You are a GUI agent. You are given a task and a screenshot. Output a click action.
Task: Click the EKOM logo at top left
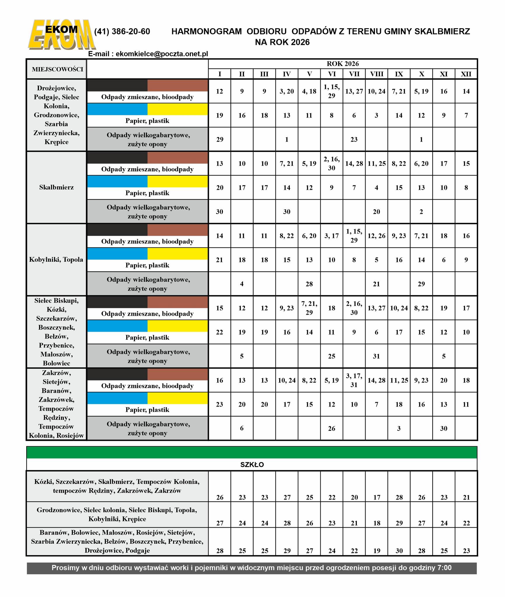pyautogui.click(x=62, y=34)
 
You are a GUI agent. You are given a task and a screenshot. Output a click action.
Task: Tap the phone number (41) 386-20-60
pyautogui.click(x=122, y=31)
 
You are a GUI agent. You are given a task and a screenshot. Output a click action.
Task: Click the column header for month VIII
pyautogui.click(x=376, y=74)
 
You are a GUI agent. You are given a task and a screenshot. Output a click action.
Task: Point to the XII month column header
pyautogui.click(x=466, y=74)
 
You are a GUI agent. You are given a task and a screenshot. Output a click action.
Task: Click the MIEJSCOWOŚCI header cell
pyautogui.click(x=57, y=69)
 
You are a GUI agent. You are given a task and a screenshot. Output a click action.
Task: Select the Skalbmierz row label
pyautogui.click(x=57, y=187)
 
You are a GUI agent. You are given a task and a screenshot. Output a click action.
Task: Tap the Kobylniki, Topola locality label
pyautogui.click(x=56, y=259)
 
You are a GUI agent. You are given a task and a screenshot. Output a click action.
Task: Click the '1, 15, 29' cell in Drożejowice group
pyautogui.click(x=331, y=91)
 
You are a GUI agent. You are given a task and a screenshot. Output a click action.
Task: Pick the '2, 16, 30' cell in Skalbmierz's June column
pyautogui.click(x=331, y=164)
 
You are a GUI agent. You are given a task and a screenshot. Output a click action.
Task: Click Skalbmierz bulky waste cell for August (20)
pyautogui.click(x=376, y=212)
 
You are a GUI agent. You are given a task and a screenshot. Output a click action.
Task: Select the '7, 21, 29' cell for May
pyautogui.click(x=309, y=308)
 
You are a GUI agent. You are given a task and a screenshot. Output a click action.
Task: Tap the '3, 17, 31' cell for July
pyautogui.click(x=354, y=380)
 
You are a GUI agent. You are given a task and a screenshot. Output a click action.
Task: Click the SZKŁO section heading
pyautogui.click(x=252, y=465)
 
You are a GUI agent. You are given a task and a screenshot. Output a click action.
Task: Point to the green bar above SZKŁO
pyautogui.click(x=252, y=452)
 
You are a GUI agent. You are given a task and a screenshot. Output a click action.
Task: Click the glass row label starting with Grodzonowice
pyautogui.click(x=117, y=514)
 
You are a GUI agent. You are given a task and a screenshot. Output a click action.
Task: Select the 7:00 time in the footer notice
pyautogui.click(x=444, y=568)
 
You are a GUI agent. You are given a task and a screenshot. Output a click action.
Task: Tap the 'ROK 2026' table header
pyautogui.click(x=343, y=64)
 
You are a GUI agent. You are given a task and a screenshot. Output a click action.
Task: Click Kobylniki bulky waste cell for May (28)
pyautogui.click(x=309, y=284)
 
